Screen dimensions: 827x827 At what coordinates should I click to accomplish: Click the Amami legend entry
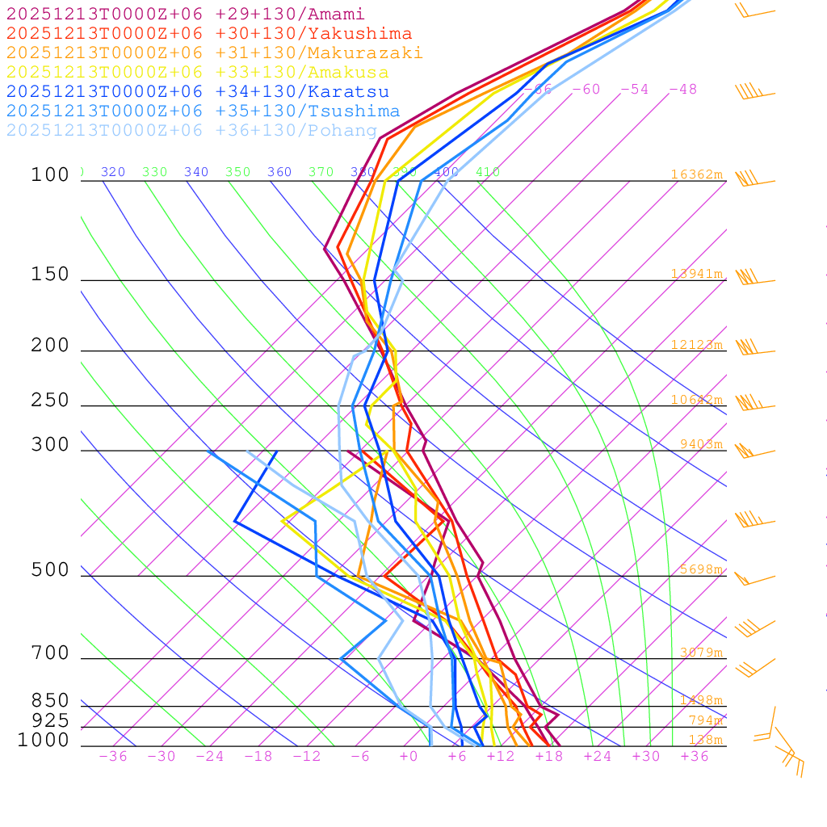tap(186, 15)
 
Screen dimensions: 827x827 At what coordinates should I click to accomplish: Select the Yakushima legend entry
tap(209, 34)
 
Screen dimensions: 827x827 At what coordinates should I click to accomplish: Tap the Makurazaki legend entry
tap(215, 53)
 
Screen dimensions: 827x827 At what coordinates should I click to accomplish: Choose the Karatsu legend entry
tap(198, 92)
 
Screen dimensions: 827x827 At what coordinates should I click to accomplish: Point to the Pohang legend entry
tap(192, 131)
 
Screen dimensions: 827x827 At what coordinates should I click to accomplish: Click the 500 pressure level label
tap(50, 570)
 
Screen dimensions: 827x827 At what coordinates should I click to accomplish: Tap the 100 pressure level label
tap(50, 175)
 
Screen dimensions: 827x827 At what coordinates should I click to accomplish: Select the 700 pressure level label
tap(50, 653)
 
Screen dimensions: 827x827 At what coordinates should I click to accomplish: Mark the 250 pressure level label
tap(50, 401)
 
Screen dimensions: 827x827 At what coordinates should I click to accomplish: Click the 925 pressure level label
tap(50, 720)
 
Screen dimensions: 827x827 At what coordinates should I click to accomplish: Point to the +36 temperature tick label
tap(695, 756)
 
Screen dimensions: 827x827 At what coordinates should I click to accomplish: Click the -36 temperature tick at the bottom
tap(113, 756)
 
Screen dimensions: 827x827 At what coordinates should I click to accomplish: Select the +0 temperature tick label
tap(409, 756)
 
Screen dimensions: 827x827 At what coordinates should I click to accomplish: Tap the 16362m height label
tap(696, 174)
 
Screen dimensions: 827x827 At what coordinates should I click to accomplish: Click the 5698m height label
tap(700, 569)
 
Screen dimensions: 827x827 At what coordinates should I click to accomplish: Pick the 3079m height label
tap(700, 653)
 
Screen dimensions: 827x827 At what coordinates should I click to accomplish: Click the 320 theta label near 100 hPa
tap(113, 172)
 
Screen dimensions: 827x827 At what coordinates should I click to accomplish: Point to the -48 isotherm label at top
tap(682, 89)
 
